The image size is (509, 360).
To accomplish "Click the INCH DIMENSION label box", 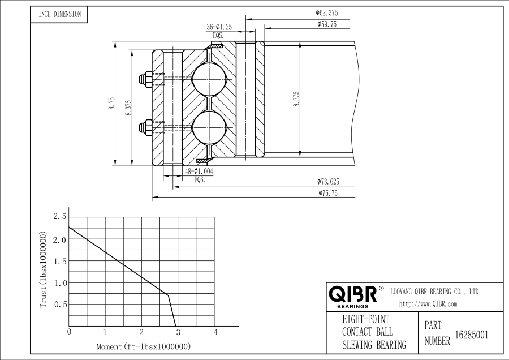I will tap(60, 14).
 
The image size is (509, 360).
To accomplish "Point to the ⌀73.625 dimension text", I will tap(327, 182).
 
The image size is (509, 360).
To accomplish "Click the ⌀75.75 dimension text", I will tap(327, 194).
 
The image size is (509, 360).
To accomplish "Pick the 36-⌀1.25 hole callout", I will tap(219, 27).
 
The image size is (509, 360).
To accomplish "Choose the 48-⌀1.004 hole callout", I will tap(199, 171).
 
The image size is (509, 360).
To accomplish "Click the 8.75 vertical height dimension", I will tap(112, 103).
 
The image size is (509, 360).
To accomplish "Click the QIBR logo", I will tap(353, 294).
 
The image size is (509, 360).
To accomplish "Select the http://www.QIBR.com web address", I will tap(428, 304).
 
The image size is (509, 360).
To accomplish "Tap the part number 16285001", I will tap(472, 335).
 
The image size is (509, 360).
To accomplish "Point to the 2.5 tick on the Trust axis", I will tap(59, 217).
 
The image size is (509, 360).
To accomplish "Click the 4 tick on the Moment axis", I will tap(215, 331).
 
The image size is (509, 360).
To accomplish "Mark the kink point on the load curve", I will tap(168, 294).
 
